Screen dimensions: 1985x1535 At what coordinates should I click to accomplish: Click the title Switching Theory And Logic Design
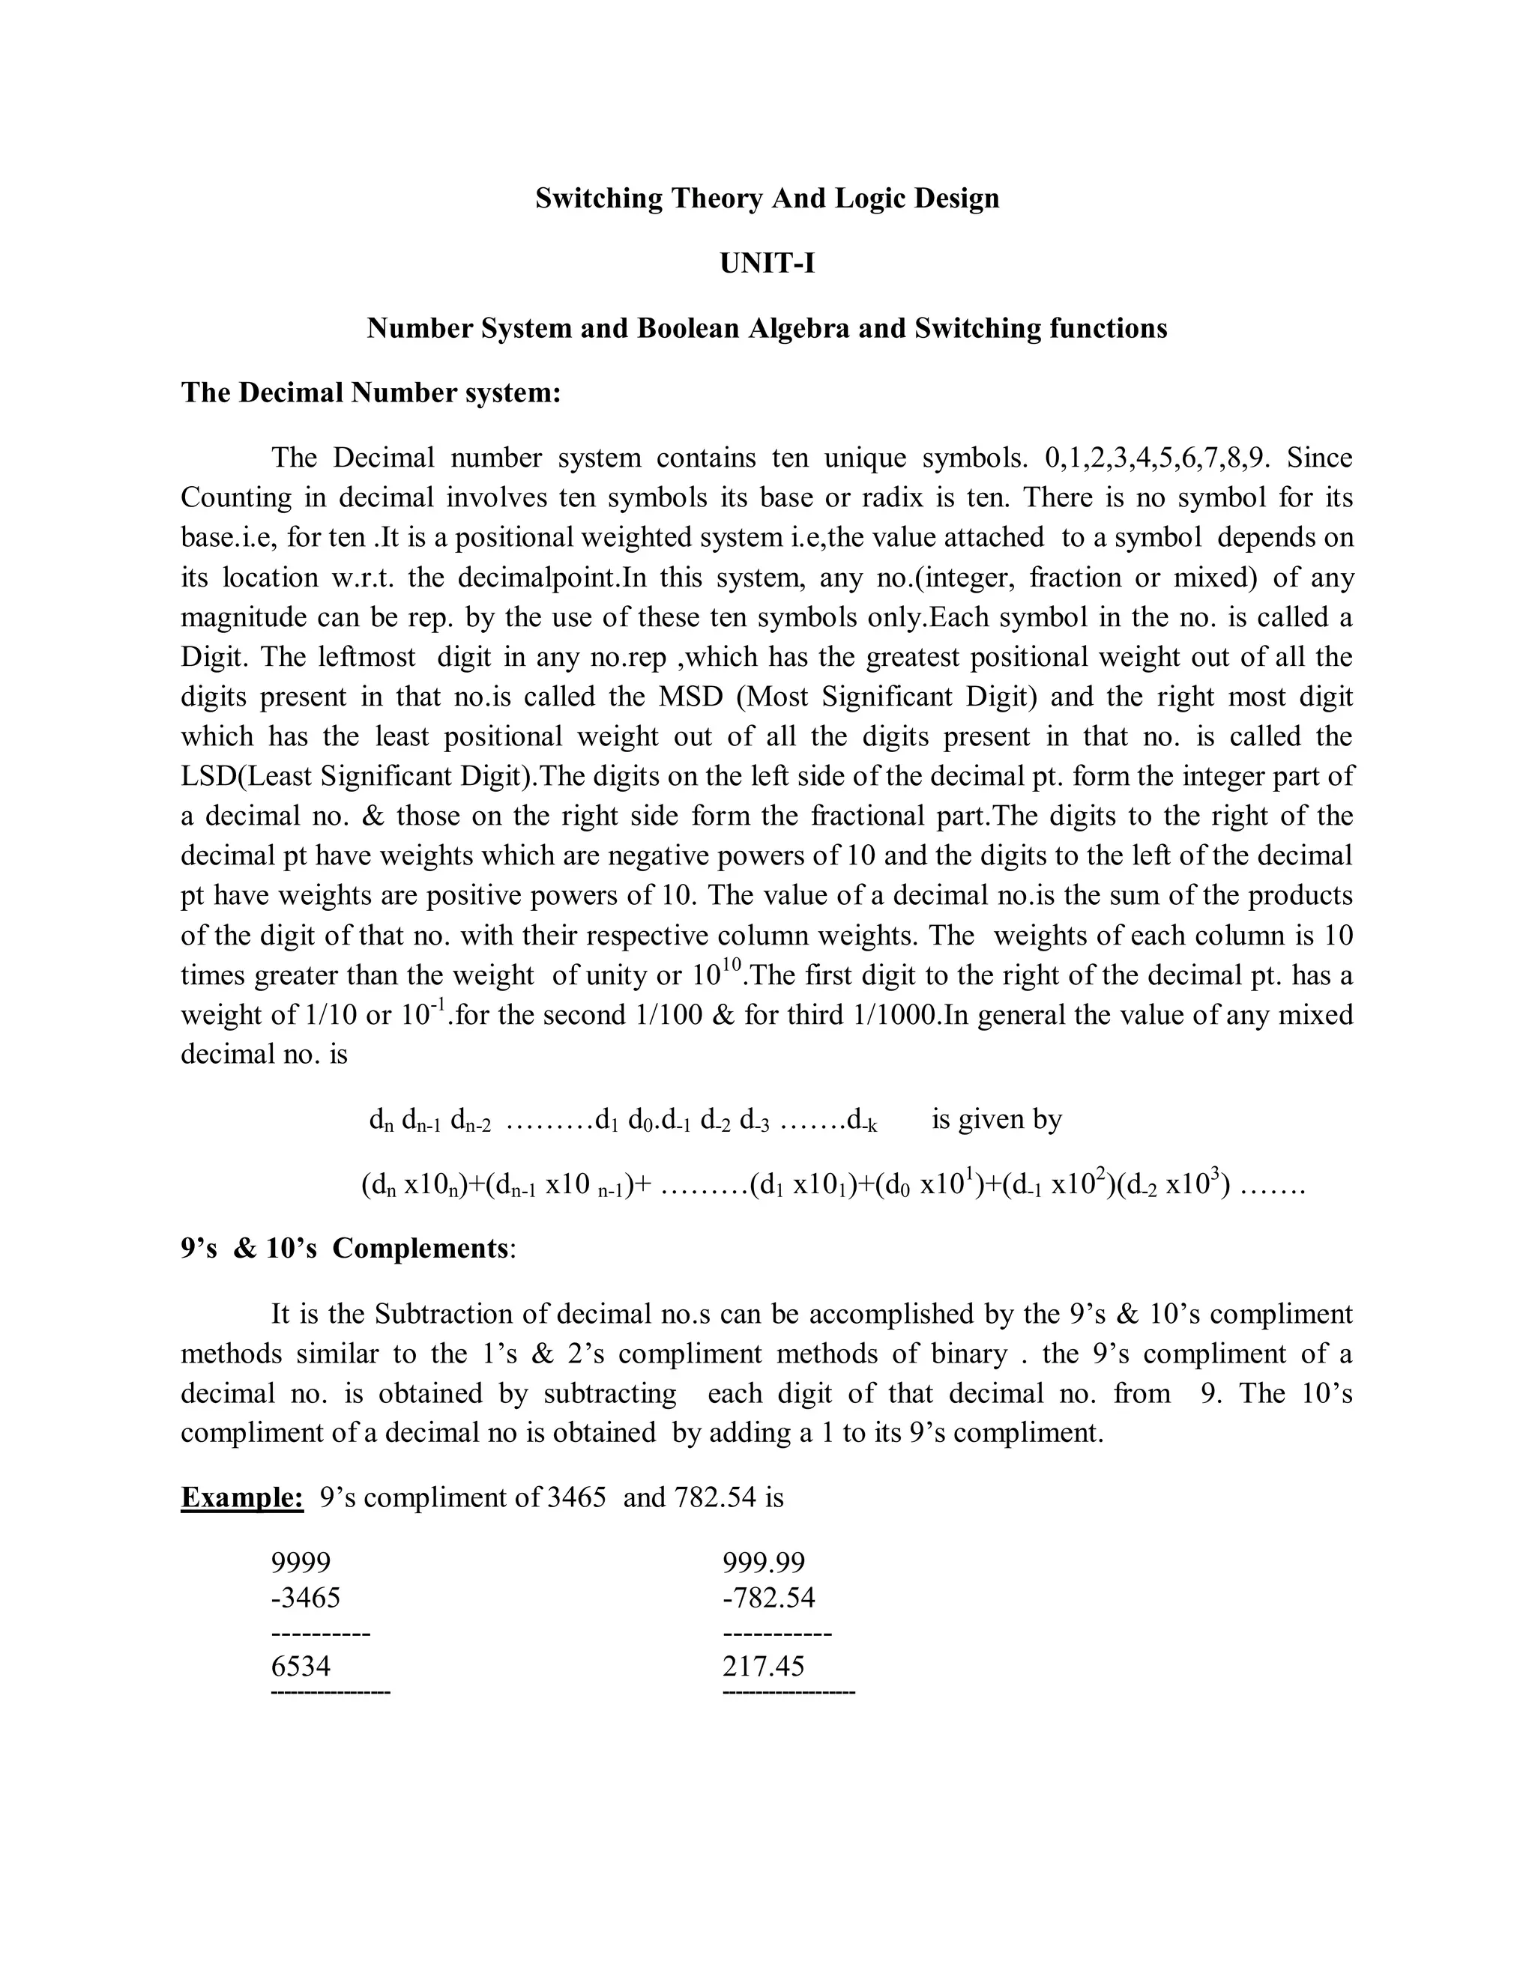pyautogui.click(x=767, y=198)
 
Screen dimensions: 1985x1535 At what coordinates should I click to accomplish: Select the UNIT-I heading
pyautogui.click(x=767, y=264)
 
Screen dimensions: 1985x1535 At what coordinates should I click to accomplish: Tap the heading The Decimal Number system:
pyautogui.click(x=371, y=393)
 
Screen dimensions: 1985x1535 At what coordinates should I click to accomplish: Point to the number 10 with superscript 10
pyautogui.click(x=717, y=975)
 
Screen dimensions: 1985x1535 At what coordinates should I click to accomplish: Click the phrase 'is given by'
pyautogui.click(x=997, y=1119)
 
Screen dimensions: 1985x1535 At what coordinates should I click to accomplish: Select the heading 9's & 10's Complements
pyautogui.click(x=346, y=1249)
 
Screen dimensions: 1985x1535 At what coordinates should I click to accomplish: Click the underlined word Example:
pyautogui.click(x=242, y=1497)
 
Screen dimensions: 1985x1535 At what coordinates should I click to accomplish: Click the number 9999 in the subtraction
pyautogui.click(x=301, y=1563)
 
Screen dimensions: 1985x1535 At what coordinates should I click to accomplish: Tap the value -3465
pyautogui.click(x=306, y=1598)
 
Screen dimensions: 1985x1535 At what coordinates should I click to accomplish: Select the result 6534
pyautogui.click(x=301, y=1666)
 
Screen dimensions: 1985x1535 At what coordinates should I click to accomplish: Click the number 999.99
pyautogui.click(x=764, y=1563)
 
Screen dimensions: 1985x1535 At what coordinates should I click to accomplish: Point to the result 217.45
pyautogui.click(x=764, y=1666)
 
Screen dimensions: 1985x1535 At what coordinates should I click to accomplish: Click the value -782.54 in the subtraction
pyautogui.click(x=768, y=1598)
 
